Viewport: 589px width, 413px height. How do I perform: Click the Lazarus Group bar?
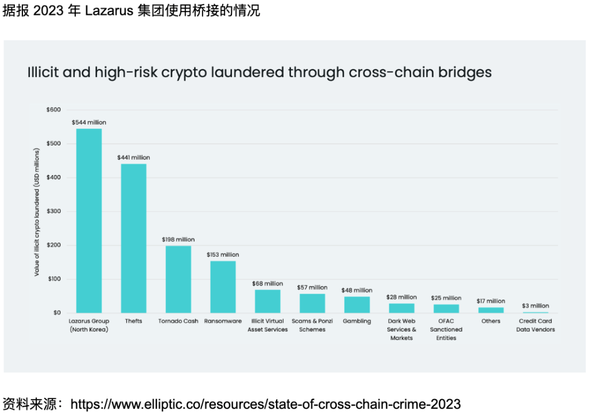pyautogui.click(x=89, y=221)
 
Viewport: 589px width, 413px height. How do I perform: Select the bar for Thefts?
pyautogui.click(x=133, y=238)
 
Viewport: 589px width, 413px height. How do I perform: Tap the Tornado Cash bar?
pyautogui.click(x=178, y=279)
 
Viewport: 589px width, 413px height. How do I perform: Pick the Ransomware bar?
pyautogui.click(x=223, y=287)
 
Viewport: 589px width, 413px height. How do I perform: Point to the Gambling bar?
pyautogui.click(x=356, y=304)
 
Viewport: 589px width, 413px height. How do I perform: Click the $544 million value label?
pyautogui.click(x=89, y=122)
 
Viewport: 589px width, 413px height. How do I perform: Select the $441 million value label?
pyautogui.click(x=133, y=157)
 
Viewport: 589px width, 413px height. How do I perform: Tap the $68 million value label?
pyautogui.click(x=268, y=284)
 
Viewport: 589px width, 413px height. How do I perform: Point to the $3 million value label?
pyautogui.click(x=535, y=306)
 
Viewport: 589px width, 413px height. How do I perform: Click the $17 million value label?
pyautogui.click(x=491, y=301)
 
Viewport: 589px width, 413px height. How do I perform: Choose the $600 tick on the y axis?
pyautogui.click(x=53, y=110)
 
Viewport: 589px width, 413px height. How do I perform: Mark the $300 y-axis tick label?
pyautogui.click(x=53, y=211)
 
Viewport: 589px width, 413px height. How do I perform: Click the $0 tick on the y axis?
pyautogui.click(x=56, y=313)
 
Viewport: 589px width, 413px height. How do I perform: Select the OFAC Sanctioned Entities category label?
pyautogui.click(x=446, y=330)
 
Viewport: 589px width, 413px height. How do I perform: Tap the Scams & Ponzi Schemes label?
pyautogui.click(x=312, y=325)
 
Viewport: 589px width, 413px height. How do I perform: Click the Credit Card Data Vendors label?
pyautogui.click(x=535, y=325)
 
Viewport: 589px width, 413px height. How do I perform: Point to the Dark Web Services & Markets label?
pyautogui.click(x=401, y=330)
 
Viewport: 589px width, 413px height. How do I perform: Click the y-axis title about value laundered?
pyautogui.click(x=37, y=213)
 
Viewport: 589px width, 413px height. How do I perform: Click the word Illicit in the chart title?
pyautogui.click(x=46, y=73)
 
